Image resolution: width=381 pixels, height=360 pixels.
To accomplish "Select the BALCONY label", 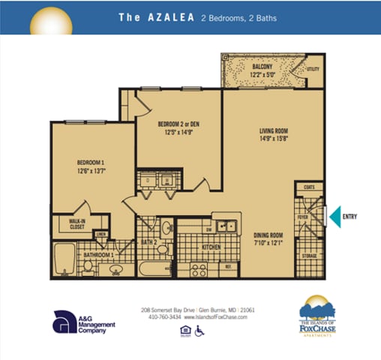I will point(251,67).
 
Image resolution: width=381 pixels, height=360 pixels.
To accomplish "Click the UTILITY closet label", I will point(313,70).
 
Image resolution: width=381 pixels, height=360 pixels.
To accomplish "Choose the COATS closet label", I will point(308,187).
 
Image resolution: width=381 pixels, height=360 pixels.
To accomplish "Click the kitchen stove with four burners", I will point(199,268).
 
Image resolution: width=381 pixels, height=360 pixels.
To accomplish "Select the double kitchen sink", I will point(224,225).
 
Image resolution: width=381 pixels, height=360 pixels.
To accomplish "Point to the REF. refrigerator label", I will point(227,266).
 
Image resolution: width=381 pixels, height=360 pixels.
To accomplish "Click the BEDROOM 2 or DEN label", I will point(178,124).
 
